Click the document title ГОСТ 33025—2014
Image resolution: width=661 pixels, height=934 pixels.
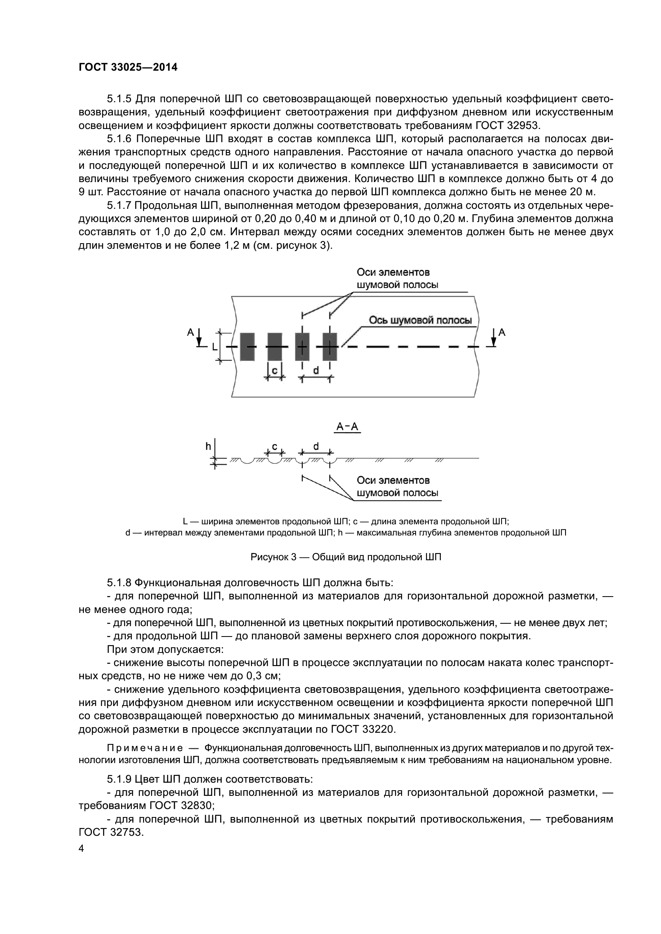click(128, 67)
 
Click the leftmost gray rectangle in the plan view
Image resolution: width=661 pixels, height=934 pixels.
click(247, 347)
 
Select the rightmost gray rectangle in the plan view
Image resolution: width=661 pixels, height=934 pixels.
click(330, 347)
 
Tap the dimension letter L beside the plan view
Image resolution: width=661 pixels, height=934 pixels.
click(215, 347)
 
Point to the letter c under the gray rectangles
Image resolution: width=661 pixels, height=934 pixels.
click(275, 370)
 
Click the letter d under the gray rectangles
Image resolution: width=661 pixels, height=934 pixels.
click(316, 370)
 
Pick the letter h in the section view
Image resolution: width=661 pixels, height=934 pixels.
click(208, 447)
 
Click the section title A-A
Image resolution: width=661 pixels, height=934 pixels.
click(347, 427)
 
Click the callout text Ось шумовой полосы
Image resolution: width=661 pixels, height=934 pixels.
click(420, 321)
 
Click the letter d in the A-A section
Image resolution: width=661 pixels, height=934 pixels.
click(316, 446)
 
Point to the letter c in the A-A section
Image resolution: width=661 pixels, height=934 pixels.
click(275, 446)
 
